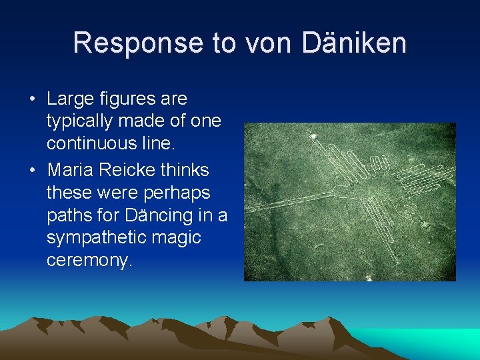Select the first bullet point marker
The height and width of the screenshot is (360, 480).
(x=32, y=99)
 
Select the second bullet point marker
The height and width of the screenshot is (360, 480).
(x=32, y=170)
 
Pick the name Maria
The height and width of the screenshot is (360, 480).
(x=70, y=170)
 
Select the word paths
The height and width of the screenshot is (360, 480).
(x=69, y=216)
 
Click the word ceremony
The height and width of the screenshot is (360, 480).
(x=89, y=260)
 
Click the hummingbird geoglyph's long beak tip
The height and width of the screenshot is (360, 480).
(x=311, y=136)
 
